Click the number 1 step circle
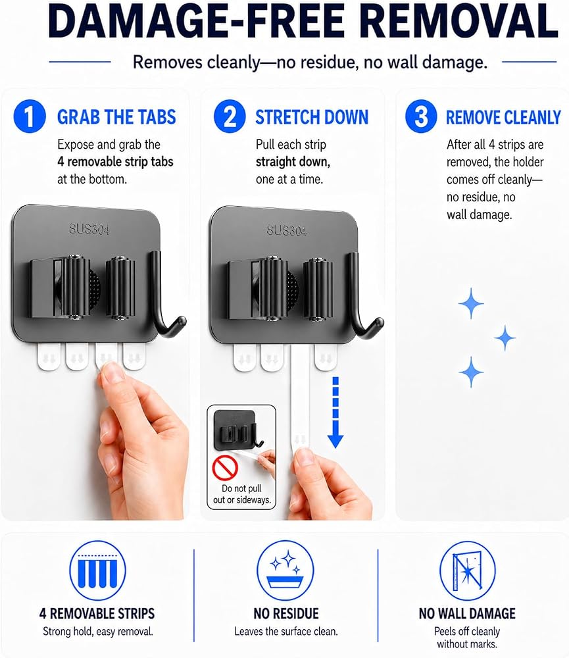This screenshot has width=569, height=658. click(x=30, y=116)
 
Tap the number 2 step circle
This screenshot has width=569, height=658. click(x=230, y=116)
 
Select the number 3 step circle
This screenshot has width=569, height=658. click(x=421, y=116)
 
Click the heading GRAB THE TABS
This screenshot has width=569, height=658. click(x=116, y=117)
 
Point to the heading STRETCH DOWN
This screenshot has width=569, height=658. click(x=312, y=117)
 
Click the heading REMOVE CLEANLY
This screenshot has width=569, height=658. click(x=503, y=117)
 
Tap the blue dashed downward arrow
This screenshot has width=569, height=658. click(x=335, y=413)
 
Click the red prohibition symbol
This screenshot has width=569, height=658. click(x=226, y=467)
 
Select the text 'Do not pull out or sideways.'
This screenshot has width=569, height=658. click(x=241, y=494)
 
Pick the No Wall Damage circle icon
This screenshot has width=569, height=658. click(x=467, y=570)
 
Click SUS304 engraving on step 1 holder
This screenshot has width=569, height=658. click(x=89, y=229)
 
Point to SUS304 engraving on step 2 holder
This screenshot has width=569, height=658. click(x=287, y=230)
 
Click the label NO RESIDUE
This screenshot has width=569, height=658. click(x=285, y=613)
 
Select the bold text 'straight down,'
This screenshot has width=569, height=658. click(x=293, y=162)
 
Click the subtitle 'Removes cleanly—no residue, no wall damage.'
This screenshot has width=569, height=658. click(x=310, y=62)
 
